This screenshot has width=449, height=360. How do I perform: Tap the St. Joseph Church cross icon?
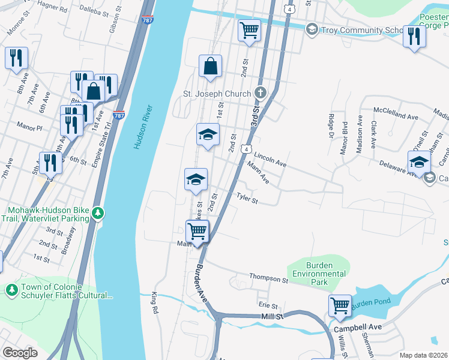tap(260, 93)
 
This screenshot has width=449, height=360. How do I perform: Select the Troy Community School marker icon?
tap(312, 29)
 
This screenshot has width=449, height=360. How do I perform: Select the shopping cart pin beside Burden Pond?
tap(340, 305)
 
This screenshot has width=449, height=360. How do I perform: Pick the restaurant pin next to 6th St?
tap(50, 163)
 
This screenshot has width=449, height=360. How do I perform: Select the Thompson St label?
tap(265, 278)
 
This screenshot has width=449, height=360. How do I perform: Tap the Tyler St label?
tap(246, 197)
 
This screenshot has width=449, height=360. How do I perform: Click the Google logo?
tap(20, 353)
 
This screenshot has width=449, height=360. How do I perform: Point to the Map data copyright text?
tap(423, 355)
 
